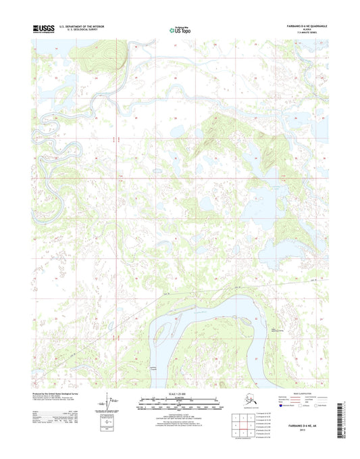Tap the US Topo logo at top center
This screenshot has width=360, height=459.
(x=180, y=30)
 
